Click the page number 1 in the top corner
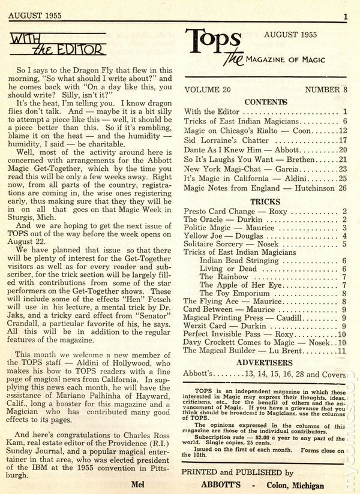click(345, 16)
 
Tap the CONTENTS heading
click(265, 102)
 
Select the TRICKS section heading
click(265, 202)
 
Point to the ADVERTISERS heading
click(265, 363)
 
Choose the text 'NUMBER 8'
click(326, 89)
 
